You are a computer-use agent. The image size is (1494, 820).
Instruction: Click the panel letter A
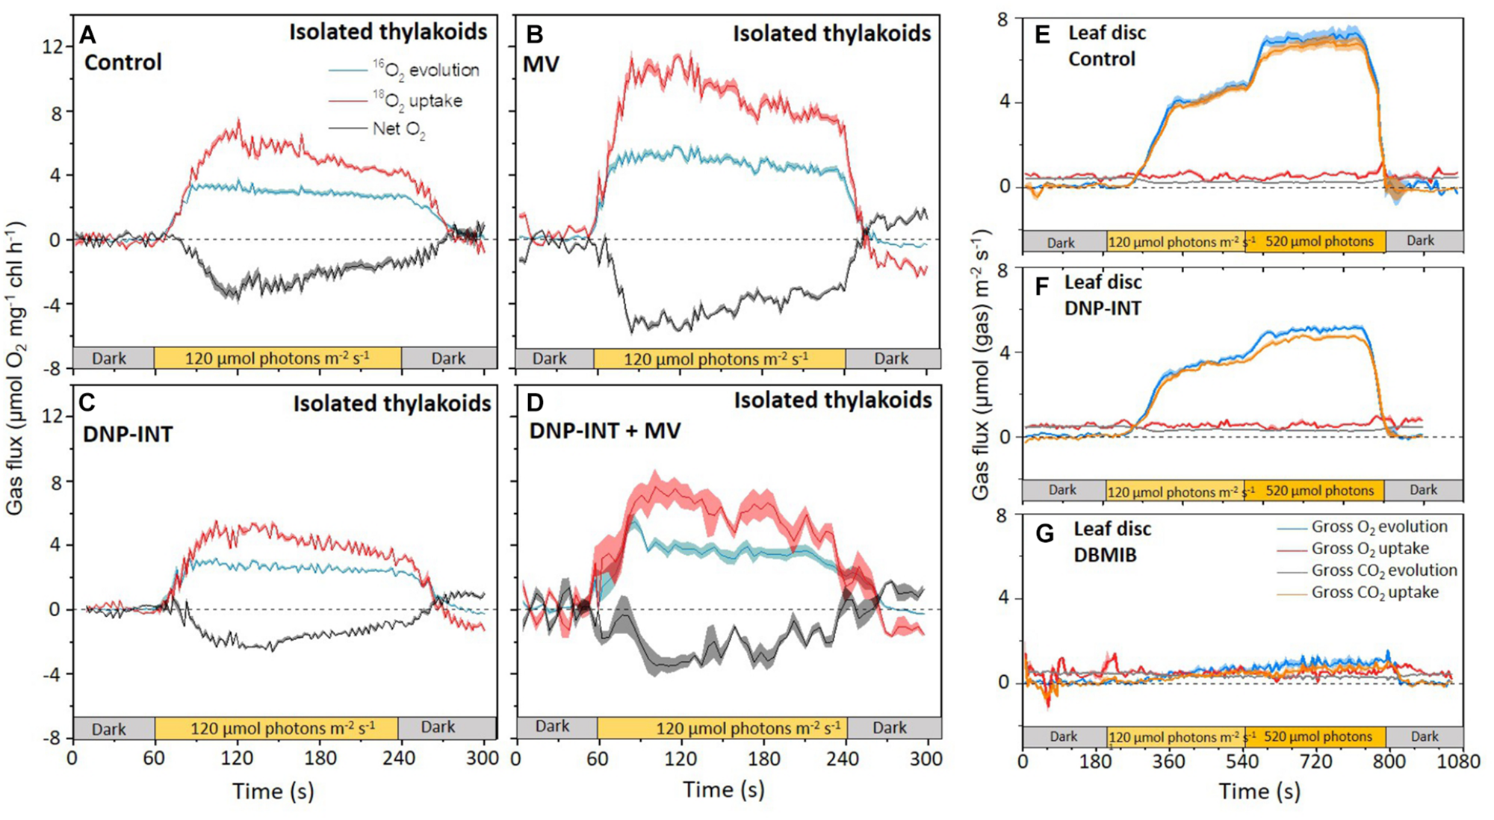[x=88, y=34]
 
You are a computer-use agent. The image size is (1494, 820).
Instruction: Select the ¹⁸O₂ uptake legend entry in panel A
[x=418, y=100]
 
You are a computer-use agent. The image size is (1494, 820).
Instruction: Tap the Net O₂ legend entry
[x=399, y=129]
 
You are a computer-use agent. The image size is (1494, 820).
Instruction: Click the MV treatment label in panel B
[x=542, y=64]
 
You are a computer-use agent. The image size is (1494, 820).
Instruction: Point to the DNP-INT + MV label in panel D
[x=605, y=431]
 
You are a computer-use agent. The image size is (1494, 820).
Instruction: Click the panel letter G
[x=1044, y=533]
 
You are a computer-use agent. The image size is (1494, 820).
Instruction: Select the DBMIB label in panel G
[x=1105, y=555]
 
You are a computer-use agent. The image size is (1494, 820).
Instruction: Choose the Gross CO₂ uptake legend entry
[x=1374, y=592]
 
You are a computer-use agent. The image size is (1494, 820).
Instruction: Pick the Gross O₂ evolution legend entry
[x=1379, y=527]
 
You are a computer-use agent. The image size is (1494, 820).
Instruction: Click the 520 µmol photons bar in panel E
[x=1318, y=241]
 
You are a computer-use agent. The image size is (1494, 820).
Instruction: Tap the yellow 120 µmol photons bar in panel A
[x=277, y=358]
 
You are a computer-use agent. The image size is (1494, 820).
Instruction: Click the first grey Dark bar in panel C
[x=109, y=729]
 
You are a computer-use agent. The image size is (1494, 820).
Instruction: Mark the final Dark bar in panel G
[x=1424, y=736]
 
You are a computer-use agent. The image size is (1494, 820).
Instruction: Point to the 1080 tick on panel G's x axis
[x=1459, y=761]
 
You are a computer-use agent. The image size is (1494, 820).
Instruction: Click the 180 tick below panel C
[x=320, y=759]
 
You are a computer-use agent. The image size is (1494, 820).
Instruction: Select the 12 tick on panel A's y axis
[x=52, y=46]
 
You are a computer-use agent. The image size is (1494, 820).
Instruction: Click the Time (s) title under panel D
[x=724, y=790]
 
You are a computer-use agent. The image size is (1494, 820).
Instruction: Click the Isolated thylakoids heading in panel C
[x=392, y=403]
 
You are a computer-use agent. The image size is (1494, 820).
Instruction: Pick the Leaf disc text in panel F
[x=1103, y=282]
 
